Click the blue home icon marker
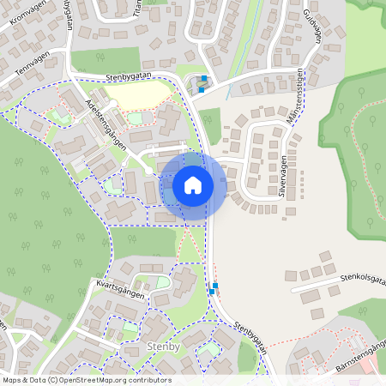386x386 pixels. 193,185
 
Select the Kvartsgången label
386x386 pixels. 118,289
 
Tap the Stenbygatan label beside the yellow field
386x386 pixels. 129,78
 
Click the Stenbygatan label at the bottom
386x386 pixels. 250,338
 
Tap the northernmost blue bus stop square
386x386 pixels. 204,79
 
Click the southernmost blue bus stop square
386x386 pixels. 211,292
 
